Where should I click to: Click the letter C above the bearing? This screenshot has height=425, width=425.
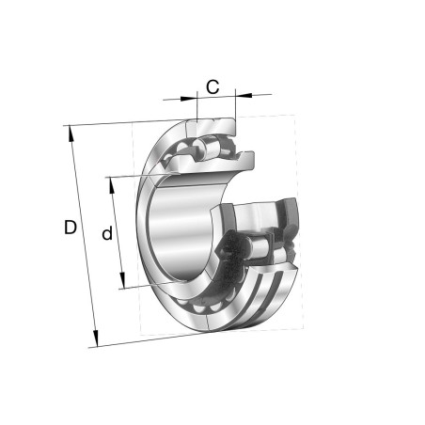[x=212, y=87]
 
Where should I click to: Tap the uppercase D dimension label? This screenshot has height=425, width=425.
[x=71, y=228]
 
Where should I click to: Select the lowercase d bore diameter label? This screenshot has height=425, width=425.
[x=107, y=232]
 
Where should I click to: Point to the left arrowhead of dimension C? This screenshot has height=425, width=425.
[x=188, y=99]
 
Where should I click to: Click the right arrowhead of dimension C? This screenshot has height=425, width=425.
[x=244, y=95]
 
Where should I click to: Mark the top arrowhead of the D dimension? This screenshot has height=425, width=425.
[x=71, y=134]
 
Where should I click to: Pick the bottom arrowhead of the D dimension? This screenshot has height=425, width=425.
[x=96, y=338]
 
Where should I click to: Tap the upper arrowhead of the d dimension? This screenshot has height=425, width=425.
[x=112, y=186]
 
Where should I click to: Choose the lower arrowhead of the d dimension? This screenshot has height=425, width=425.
[x=122, y=280]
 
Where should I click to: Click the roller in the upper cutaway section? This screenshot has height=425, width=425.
[x=208, y=148]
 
